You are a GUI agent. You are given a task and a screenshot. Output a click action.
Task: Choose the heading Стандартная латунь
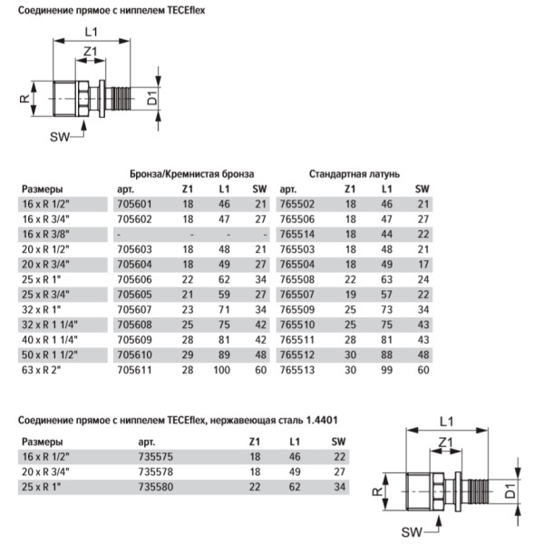tap(355, 171)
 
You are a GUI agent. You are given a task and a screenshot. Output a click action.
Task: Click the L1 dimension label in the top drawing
tap(92, 32)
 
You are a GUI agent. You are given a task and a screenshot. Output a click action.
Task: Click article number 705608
tap(133, 324)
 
